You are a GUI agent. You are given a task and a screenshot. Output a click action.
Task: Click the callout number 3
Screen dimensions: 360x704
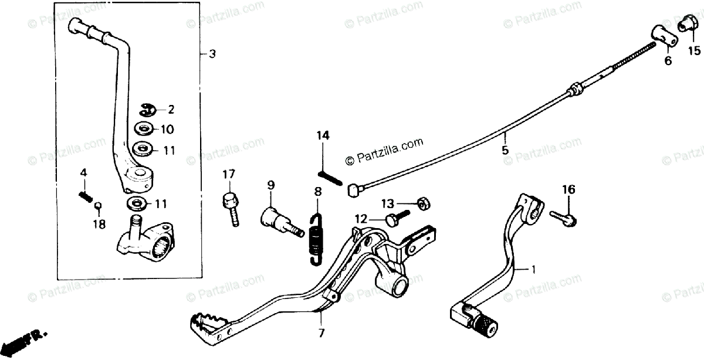tap(212, 53)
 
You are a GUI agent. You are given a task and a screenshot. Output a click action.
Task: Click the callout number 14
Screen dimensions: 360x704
tap(323, 136)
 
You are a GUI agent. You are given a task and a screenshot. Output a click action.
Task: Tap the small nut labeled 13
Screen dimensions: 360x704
tap(421, 202)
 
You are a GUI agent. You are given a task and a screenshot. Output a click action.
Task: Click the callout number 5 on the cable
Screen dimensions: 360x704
tap(506, 150)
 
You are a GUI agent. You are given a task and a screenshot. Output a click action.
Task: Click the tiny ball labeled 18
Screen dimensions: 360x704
tap(99, 206)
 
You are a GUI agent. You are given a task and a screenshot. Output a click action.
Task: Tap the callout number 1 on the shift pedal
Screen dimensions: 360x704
tap(533, 270)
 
